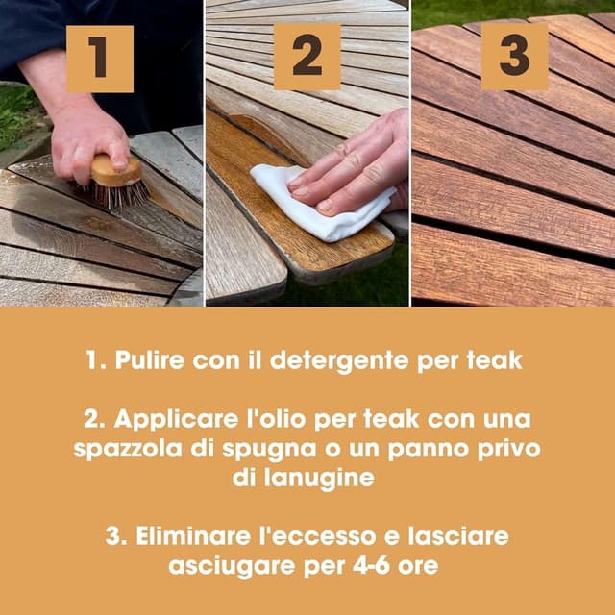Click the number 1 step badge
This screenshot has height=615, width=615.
coord(100,59)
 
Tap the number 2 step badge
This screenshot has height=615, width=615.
coord(307,57)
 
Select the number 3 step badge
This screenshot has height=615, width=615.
coord(514,57)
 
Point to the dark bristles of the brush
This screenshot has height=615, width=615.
coord(121,195)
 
